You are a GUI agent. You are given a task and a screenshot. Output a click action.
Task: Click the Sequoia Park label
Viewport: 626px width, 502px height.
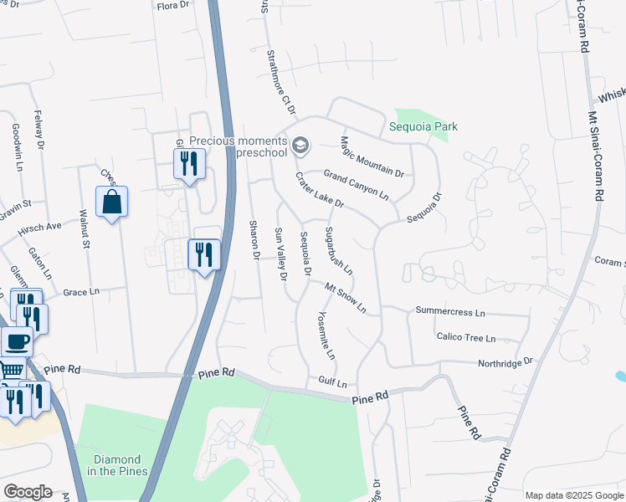click(x=423, y=127)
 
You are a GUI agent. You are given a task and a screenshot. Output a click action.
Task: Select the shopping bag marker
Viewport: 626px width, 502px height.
click(x=111, y=202)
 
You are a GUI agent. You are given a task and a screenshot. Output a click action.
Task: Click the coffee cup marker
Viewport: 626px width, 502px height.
click(x=17, y=341)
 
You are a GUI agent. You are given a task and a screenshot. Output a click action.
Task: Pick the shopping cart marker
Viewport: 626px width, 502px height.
click(x=11, y=368)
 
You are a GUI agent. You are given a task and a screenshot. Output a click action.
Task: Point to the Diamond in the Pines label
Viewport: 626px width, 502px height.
click(x=110, y=465)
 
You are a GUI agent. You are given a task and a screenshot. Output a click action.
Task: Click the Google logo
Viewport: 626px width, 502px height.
click(x=28, y=492)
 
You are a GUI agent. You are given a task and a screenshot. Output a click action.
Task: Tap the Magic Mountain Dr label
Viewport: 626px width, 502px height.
click(x=372, y=156)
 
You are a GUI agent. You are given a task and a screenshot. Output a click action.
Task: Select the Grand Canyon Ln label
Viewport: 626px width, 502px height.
click(x=357, y=184)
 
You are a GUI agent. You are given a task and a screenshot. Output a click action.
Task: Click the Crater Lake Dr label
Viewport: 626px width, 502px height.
click(x=319, y=191)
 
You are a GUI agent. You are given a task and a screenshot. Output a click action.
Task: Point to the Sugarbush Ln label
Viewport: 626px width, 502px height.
click(x=338, y=250)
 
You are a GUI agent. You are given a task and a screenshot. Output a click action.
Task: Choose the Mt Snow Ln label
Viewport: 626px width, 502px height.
click(x=346, y=297)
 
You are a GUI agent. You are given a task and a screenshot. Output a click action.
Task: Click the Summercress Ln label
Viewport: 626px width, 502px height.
click(x=450, y=312)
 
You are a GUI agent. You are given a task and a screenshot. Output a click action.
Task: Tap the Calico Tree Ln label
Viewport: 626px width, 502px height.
click(x=465, y=338)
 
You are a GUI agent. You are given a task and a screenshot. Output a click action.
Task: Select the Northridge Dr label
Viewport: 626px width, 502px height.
click(x=505, y=362)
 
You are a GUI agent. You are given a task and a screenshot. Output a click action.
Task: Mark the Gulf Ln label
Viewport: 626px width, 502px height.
click(x=332, y=383)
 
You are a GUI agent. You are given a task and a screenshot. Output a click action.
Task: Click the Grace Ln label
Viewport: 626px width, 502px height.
click(x=81, y=293)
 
